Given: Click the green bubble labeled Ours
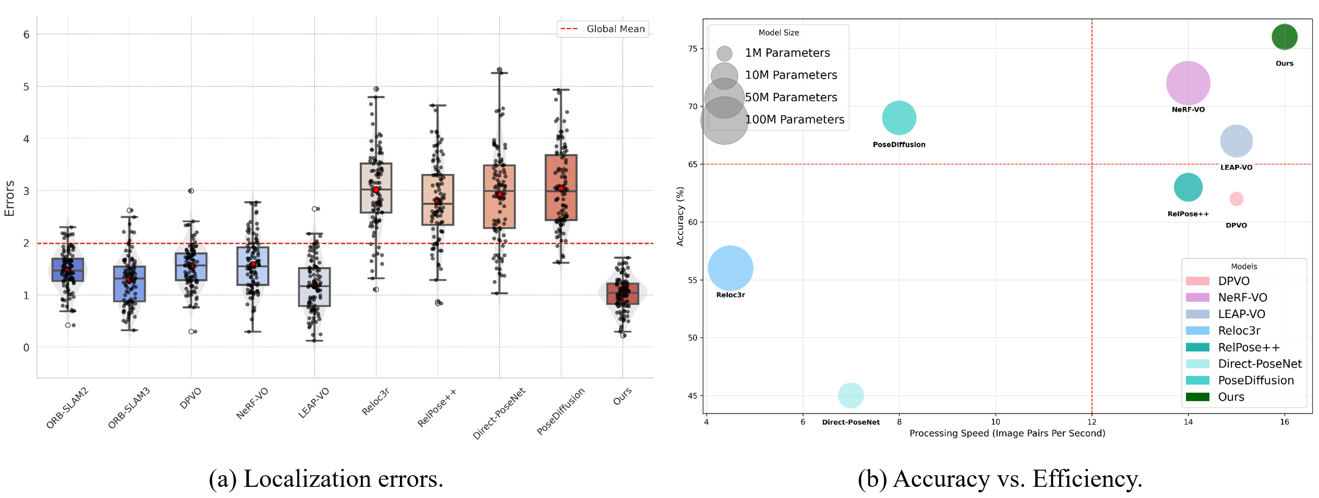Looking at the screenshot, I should [1284, 37].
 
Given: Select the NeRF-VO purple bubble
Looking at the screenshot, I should [1188, 83].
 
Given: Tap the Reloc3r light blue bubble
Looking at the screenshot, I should [730, 268].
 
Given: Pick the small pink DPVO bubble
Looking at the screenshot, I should [1236, 199].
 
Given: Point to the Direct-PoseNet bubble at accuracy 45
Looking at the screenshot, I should [850, 395].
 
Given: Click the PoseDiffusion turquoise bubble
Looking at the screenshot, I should [899, 118].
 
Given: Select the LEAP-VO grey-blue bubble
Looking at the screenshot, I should [1236, 141].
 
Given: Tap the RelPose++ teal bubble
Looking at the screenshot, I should [1188, 187].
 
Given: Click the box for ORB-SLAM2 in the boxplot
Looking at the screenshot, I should [68, 270].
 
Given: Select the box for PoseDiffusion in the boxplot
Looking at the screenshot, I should [561, 188].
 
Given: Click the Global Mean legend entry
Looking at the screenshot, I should [603, 29].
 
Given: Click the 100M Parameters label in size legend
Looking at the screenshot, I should [794, 119].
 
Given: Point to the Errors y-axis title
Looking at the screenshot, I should [9, 198].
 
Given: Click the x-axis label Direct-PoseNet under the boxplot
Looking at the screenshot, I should [499, 413].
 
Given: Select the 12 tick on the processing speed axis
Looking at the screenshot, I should [1091, 422].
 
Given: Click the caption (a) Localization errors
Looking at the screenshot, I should [326, 478].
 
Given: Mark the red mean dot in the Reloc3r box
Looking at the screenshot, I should [376, 190].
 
